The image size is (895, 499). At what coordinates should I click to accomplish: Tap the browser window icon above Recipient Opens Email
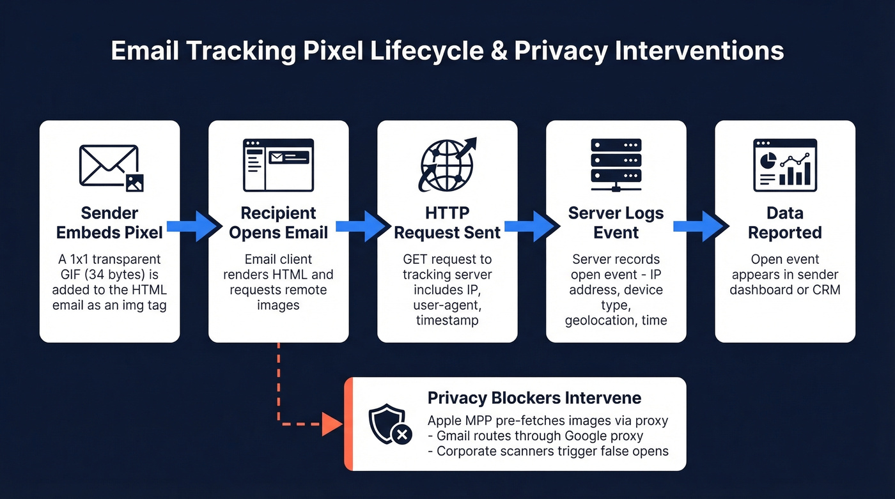279,165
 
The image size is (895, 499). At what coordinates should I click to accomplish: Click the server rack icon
616,165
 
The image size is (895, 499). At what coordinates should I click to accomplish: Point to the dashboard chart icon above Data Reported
784,165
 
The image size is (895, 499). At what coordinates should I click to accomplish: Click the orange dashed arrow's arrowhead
332,423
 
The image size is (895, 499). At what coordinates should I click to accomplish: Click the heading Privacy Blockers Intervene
534,398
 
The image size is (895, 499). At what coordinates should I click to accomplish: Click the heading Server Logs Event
616,222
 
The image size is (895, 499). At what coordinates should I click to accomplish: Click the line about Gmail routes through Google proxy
540,436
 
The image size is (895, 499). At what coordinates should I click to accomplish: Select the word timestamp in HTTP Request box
447,321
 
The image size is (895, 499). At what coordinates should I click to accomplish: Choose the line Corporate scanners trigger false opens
552,451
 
